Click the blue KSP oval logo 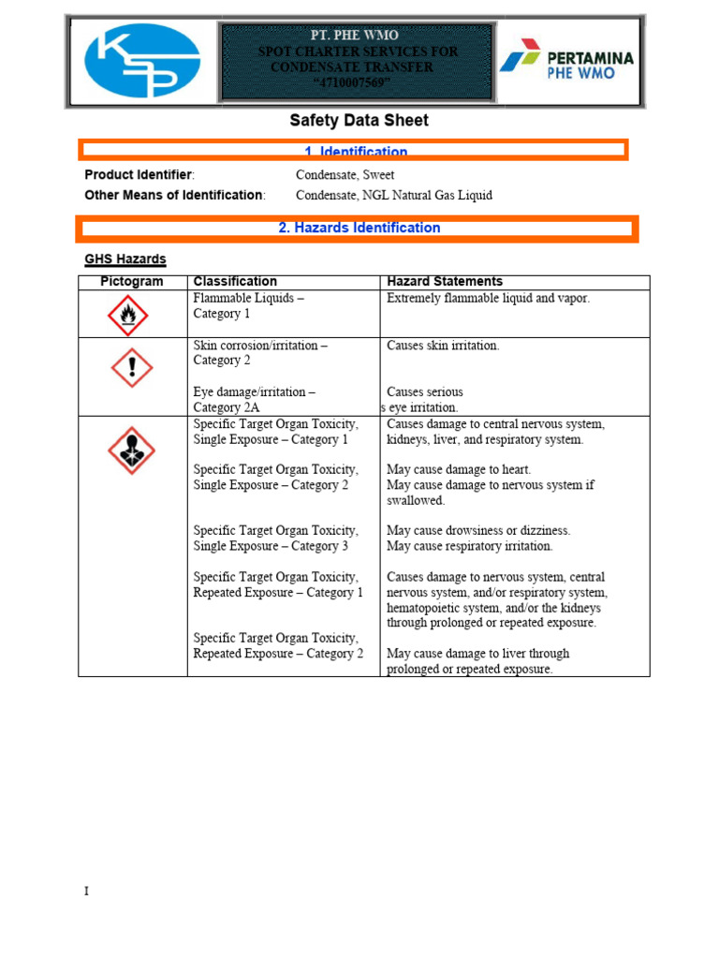[x=142, y=61]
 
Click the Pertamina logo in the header [x=565, y=62]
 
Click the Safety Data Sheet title [x=359, y=121]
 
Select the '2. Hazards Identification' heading [x=359, y=228]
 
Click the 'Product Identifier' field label [x=139, y=175]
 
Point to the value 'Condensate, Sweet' [x=345, y=175]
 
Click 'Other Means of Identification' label [x=175, y=196]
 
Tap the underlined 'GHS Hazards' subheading [x=125, y=259]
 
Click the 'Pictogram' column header [x=132, y=282]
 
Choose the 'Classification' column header [x=235, y=282]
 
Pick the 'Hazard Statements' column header [x=445, y=282]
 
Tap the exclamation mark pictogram [x=131, y=368]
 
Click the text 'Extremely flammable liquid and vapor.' [x=489, y=299]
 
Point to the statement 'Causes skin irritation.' [x=443, y=346]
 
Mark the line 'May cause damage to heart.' [x=459, y=469]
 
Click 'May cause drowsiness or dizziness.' [x=478, y=531]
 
